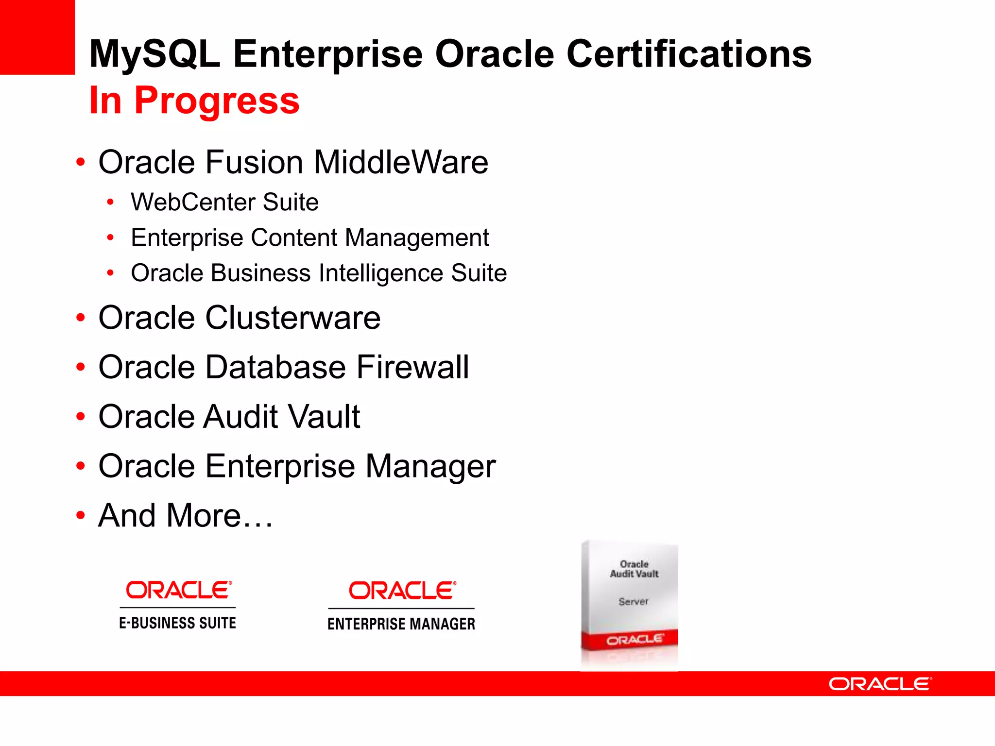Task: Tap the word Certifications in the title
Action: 689,53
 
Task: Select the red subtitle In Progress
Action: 194,101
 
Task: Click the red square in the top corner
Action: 37,37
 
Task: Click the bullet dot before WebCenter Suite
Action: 111,202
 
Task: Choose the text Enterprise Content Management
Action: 309,237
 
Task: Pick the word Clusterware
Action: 292,318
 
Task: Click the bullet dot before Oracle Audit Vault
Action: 81,417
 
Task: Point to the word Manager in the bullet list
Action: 430,466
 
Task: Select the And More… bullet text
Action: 186,515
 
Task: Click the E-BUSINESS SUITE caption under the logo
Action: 177,623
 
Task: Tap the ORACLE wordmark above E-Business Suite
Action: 178,590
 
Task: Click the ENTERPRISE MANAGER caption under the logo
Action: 401,624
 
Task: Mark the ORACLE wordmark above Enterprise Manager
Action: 402,591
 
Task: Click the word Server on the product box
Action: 634,602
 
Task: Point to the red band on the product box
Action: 630,640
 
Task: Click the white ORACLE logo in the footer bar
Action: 880,684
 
